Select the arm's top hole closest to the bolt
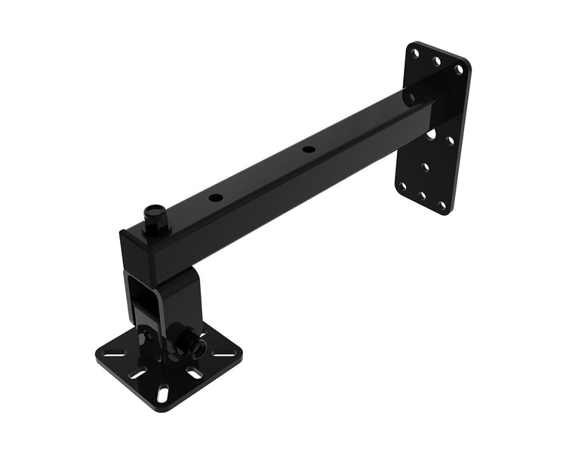[216, 198]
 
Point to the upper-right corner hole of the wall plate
[459, 69]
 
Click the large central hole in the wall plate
[431, 134]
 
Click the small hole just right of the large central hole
[451, 140]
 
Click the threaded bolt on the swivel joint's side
[198, 346]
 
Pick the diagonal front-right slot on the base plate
[195, 374]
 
